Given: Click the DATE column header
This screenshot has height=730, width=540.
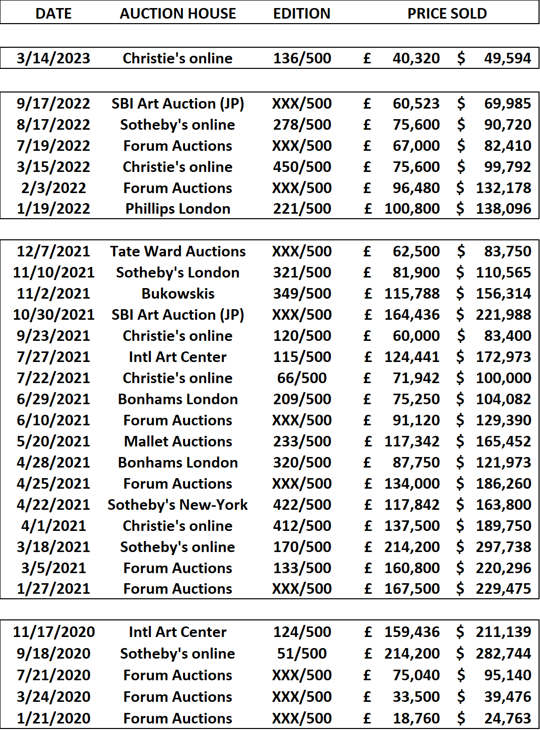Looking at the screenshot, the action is pos(53,14).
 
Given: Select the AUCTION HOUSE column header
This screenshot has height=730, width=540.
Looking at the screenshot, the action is pos(178,14).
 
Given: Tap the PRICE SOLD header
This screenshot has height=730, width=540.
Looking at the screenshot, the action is pos(447,14).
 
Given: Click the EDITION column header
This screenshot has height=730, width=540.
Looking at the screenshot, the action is pos(302,14).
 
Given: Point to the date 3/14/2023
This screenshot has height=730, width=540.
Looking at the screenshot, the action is pos(53,58).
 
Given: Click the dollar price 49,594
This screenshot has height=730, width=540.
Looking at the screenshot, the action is pos(507,58).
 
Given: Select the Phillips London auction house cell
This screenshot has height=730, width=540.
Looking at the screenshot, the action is pos(178,209).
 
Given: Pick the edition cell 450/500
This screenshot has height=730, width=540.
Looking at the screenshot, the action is pos(302,167).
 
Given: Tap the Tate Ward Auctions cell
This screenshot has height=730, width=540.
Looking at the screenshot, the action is pos(178,251).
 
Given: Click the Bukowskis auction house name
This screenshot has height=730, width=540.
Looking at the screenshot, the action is pos(178,294).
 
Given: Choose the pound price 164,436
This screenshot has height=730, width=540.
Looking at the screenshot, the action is pos(412,315).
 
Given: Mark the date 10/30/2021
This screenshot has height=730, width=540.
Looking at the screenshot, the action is pos(54,315).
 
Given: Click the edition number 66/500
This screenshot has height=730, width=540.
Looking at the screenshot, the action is pos(302,378).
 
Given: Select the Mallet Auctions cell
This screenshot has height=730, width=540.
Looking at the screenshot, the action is pos(178,441).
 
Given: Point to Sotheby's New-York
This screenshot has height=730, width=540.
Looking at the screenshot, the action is pos(178,505).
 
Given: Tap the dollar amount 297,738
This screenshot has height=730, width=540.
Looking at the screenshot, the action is pos(503,547).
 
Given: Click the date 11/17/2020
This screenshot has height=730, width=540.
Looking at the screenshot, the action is pos(54,632).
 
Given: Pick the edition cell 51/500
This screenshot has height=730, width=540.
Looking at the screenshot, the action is pos(302,654).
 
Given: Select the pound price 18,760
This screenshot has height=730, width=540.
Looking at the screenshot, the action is pos(416,718).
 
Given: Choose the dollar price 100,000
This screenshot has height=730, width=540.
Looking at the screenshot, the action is pos(503,378).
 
